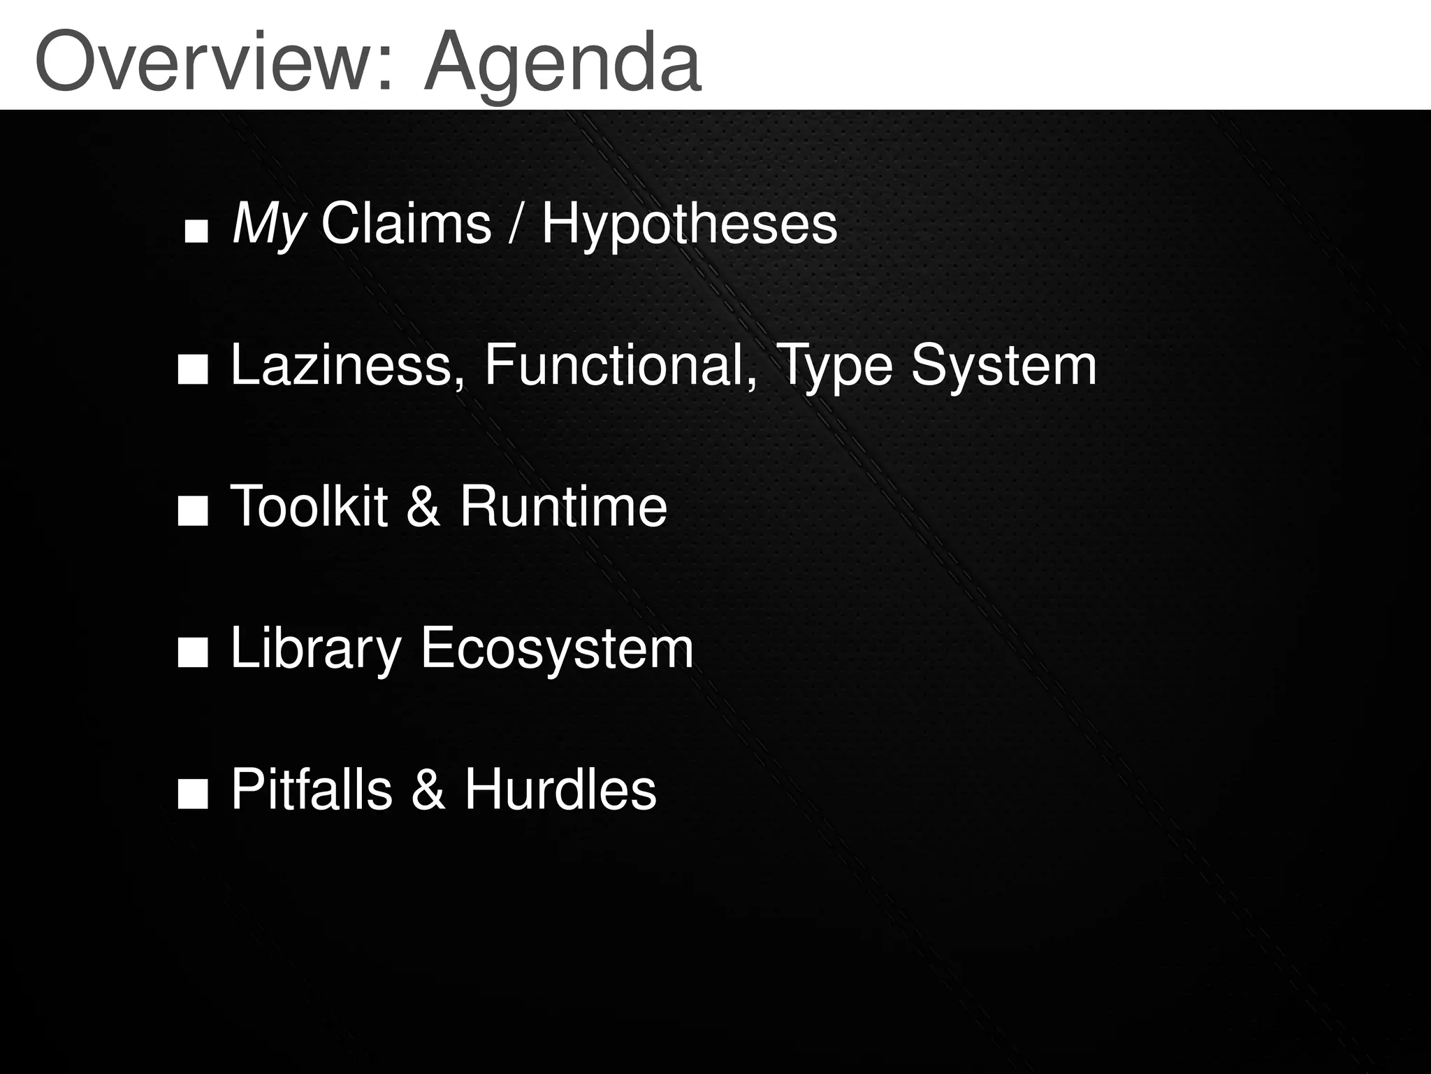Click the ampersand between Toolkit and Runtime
423,506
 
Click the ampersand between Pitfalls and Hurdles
428,789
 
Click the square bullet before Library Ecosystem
193,654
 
